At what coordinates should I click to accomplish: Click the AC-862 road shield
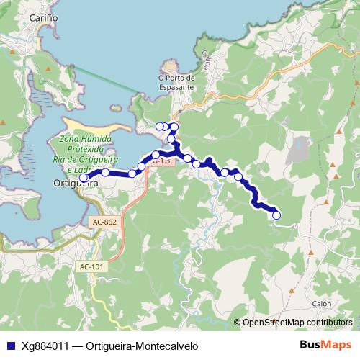[x=104, y=223]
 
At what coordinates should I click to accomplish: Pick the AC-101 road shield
[x=91, y=266]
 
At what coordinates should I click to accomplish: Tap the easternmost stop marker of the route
[x=276, y=215]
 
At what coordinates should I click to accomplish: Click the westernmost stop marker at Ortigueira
[x=84, y=177]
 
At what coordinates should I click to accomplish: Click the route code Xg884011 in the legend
[x=45, y=346]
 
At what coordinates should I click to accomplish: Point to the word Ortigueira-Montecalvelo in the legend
[x=141, y=346]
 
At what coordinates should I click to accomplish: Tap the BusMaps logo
[x=326, y=345]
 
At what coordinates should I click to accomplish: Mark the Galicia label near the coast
[x=207, y=59]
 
